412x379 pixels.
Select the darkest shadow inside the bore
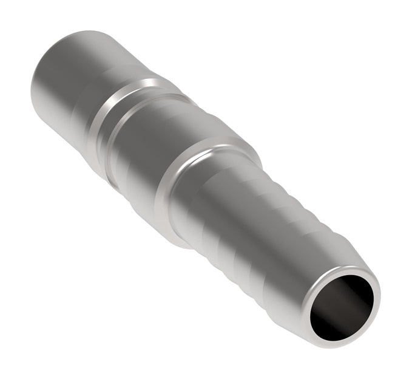coord(328,316)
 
